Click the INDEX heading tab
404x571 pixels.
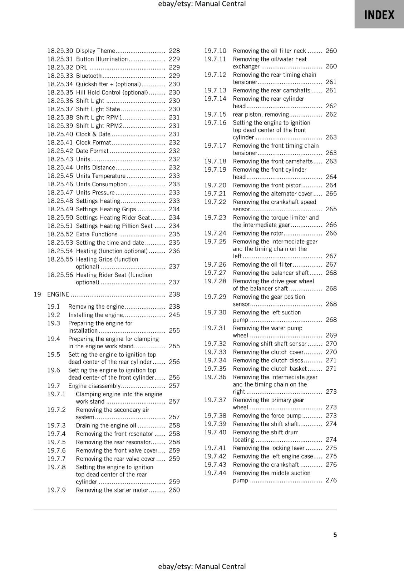click(x=379, y=15)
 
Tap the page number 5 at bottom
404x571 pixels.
click(x=335, y=535)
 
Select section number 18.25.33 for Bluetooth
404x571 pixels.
click(x=60, y=76)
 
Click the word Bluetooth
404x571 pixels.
click(x=89, y=76)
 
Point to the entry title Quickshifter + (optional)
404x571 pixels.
click(x=108, y=84)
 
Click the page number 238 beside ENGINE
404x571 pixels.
click(x=174, y=294)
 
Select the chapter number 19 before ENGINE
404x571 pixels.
click(x=37, y=294)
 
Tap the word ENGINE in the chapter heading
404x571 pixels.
click(x=58, y=294)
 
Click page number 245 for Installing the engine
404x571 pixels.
click(x=174, y=315)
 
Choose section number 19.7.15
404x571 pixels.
click(x=215, y=114)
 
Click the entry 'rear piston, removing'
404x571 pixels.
click(x=260, y=114)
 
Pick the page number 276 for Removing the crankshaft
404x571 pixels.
click(x=331, y=465)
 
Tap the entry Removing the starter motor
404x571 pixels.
click(x=112, y=490)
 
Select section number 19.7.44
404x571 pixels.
click(x=215, y=473)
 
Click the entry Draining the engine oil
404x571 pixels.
click(x=106, y=425)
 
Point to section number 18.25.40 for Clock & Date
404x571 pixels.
click(x=60, y=134)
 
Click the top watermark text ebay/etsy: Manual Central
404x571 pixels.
click(x=202, y=4)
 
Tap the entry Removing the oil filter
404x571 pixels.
click(x=262, y=264)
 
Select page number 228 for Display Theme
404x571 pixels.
click(x=174, y=51)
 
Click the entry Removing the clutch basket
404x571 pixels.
click(x=270, y=369)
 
